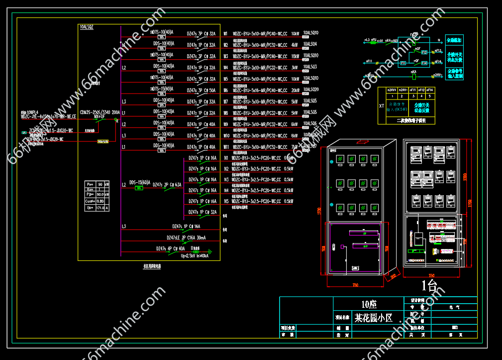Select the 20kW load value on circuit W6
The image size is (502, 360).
(x=296, y=90)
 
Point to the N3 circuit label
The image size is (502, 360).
(x=226, y=180)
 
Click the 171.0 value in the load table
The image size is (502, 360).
(x=100, y=208)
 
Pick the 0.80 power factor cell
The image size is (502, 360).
(x=100, y=201)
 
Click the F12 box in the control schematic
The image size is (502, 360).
(x=424, y=52)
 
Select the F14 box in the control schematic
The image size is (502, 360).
(x=424, y=63)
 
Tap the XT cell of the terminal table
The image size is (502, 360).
(x=382, y=106)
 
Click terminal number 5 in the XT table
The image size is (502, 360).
(x=430, y=96)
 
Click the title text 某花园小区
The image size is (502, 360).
(x=373, y=317)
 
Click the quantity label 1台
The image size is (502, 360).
(x=429, y=285)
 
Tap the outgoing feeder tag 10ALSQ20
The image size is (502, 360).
(x=311, y=90)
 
